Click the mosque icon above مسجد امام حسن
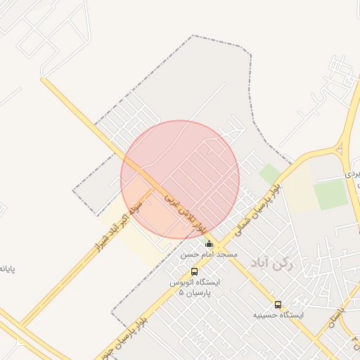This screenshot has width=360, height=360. pyautogui.click(x=208, y=244)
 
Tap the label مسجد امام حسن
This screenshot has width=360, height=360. pyautogui.click(x=209, y=254)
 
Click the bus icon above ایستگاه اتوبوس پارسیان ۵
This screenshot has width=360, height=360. pyautogui.click(x=194, y=272)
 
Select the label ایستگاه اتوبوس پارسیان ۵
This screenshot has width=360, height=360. pyautogui.click(x=194, y=287)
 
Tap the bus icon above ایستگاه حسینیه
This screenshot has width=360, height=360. pyautogui.click(x=278, y=305)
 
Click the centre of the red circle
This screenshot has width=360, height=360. pyautogui.click(x=180, y=179)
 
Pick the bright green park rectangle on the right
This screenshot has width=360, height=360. pyautogui.click(x=330, y=193)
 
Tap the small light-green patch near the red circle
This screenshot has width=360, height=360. pyautogui.click(x=270, y=173)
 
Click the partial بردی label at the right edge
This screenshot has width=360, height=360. pyautogui.click(x=352, y=172)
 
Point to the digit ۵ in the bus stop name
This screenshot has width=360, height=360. pyautogui.click(x=181, y=292)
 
